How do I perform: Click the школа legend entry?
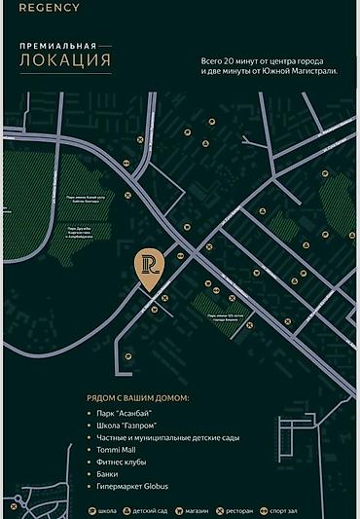[x=104, y=510]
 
